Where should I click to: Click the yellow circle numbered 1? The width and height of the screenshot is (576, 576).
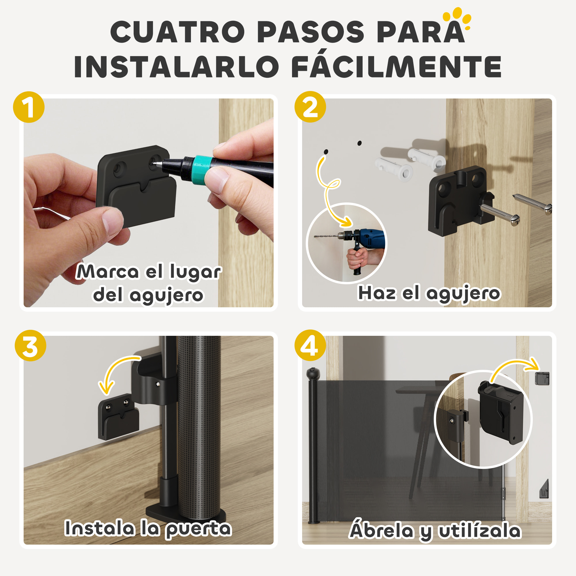coord(29,107)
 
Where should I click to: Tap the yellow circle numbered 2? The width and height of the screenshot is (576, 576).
coord(310,107)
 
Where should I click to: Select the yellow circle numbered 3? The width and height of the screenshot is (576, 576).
coord(31,346)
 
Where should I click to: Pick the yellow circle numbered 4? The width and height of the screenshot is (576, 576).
coord(310,345)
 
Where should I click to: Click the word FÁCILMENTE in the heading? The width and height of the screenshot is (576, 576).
coord(396,67)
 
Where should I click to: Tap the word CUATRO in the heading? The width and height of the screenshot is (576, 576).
coord(177,32)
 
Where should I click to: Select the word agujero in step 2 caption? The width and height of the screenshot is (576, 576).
coord(463,294)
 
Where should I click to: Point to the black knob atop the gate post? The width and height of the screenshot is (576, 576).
coord(313,372)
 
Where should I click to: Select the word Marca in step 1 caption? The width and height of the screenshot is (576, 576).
coord(108,272)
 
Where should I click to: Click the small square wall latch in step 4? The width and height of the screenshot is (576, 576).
coord(542,379)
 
